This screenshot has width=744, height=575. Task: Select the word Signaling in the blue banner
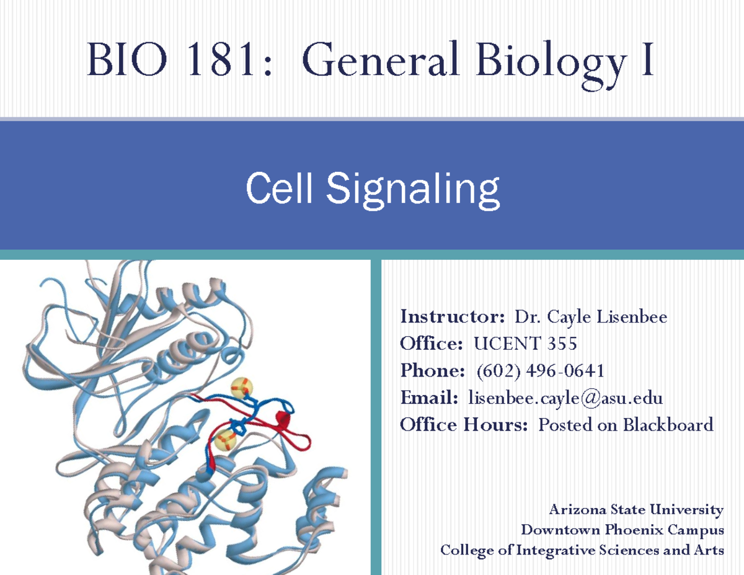413,189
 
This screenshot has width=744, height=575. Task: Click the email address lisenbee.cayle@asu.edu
565,398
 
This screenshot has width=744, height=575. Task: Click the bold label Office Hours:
464,425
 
